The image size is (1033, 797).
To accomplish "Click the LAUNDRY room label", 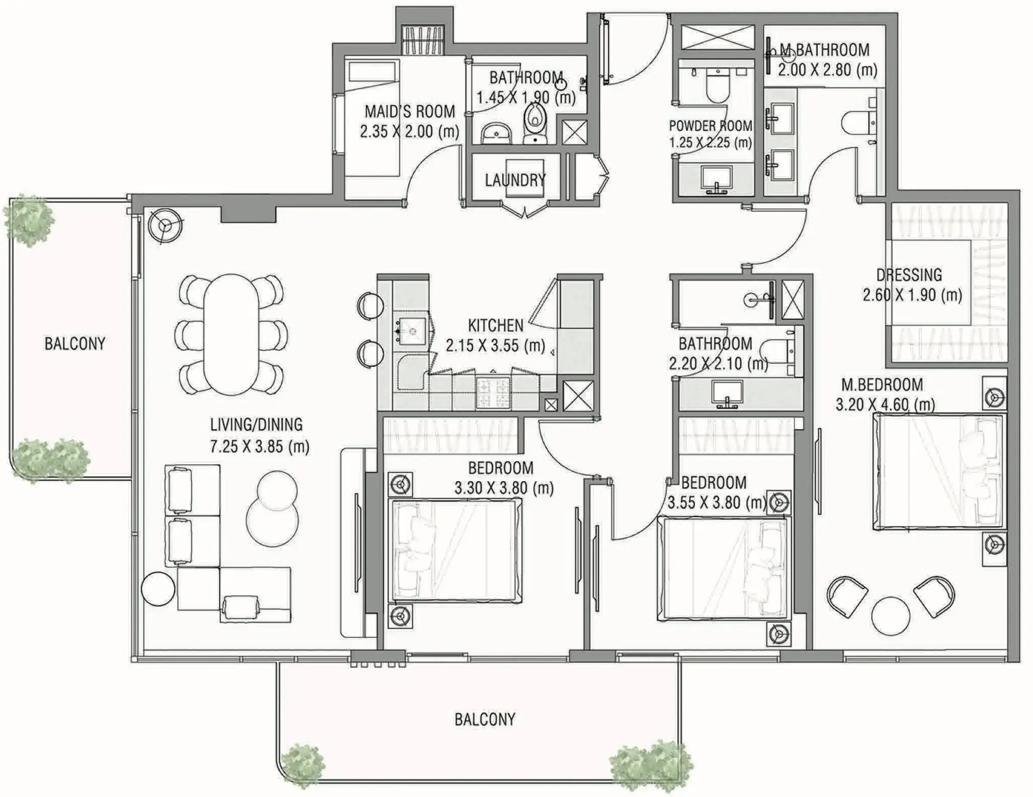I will (x=515, y=180).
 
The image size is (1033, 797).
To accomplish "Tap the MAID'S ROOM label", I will (x=410, y=111).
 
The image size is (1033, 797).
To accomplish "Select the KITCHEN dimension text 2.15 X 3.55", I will (x=495, y=346).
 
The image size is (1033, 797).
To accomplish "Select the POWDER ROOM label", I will (x=711, y=126).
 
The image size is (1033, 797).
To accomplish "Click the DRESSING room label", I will (x=909, y=275).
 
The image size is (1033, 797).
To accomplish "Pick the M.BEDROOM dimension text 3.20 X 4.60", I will (x=885, y=405).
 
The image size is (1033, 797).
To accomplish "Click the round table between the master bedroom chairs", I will (x=890, y=617).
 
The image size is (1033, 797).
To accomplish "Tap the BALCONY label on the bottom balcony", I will (x=485, y=720).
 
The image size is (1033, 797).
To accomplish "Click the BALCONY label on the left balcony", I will (x=75, y=343).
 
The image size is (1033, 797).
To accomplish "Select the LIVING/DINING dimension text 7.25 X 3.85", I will (x=260, y=446).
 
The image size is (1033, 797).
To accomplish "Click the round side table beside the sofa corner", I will (x=158, y=589).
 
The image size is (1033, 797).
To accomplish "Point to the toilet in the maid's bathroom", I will (x=535, y=121).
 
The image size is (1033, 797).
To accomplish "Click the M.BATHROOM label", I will (x=824, y=49).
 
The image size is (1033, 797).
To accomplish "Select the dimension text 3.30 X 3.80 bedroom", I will (x=504, y=488).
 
